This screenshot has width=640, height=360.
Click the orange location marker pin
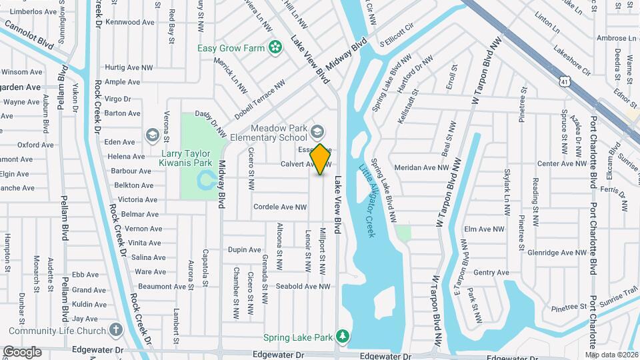tap(321, 159)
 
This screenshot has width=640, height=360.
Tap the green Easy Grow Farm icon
tap(274, 47)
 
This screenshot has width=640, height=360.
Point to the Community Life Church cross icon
tap(116, 330)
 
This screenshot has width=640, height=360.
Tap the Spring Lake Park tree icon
tap(343, 336)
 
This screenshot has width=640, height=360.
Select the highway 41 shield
tap(565, 81)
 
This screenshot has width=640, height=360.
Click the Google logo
tap(22, 351)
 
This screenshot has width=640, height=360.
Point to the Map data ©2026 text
tap(611, 354)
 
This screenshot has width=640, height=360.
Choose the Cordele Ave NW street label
tap(279, 207)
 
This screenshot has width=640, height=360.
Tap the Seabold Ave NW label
tap(303, 287)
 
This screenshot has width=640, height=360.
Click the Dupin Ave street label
tap(244, 250)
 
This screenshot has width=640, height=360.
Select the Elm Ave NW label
tap(484, 229)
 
